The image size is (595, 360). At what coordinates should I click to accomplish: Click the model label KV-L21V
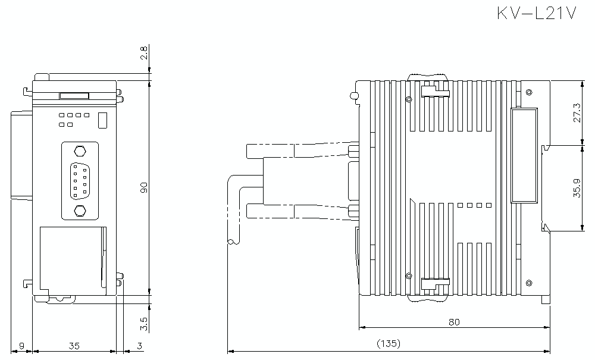coord(537,14)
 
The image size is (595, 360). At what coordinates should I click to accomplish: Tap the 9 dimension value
coord(22,345)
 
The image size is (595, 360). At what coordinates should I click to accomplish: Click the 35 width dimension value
coord(74,345)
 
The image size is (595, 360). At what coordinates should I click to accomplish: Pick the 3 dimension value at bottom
coord(139,345)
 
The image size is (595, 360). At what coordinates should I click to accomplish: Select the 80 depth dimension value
coord(454,322)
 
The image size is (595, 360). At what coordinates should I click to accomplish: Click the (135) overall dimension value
coord(389,343)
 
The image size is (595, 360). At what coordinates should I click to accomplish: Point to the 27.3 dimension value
coord(577,112)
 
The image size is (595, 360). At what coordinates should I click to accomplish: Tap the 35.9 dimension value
coord(577,187)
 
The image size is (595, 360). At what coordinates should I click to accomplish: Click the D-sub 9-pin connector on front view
coord(79,180)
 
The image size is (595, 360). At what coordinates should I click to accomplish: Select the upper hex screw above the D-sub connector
coord(79,150)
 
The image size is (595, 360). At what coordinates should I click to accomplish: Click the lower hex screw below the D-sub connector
coord(79,210)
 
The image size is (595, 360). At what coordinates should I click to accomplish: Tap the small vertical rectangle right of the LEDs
coord(102,120)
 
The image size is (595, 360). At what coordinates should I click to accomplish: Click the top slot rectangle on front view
coord(74,95)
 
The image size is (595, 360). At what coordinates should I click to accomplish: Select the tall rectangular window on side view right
coord(524,155)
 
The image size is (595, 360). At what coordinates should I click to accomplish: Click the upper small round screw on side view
coord(408,99)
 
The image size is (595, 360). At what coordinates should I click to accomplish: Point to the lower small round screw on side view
coord(408,275)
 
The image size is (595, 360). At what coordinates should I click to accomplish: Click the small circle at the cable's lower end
coord(230,242)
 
